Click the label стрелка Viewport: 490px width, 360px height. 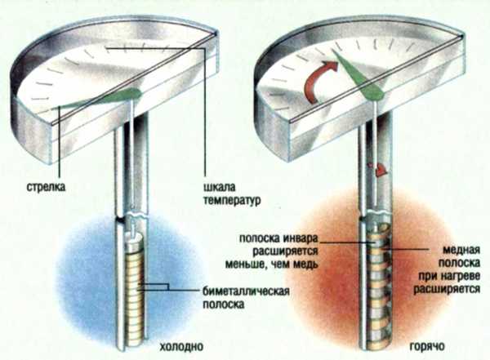coord(46,187)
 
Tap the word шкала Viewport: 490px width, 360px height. coord(220,187)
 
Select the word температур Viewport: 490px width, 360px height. coord(232,200)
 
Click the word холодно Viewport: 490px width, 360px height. coord(181,347)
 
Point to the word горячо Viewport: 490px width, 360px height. coord(427,347)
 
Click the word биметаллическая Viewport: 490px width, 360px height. coord(246,291)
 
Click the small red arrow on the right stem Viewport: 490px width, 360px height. coord(379,169)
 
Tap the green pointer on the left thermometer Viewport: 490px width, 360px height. coord(97,99)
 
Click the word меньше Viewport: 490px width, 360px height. coord(242,264)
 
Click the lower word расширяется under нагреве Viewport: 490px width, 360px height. coord(447,289)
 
